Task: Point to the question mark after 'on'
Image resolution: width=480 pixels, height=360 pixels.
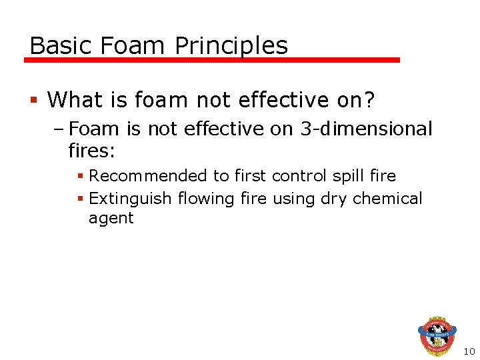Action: tap(369, 100)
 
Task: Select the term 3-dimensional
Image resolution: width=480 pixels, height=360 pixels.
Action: tap(366, 129)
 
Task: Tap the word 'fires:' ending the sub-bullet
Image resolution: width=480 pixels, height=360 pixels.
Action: tap(92, 151)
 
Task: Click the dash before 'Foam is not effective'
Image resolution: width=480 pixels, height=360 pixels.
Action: tap(60, 129)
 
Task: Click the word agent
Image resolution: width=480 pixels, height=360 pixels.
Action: tap(111, 218)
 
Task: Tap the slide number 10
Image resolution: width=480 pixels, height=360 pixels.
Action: tap(469, 351)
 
